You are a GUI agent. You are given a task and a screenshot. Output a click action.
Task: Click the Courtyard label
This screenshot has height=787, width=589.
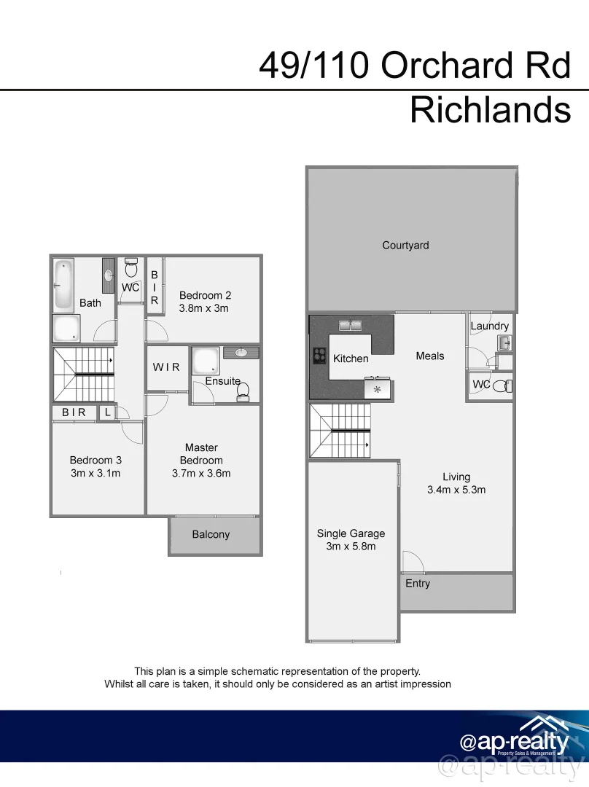[405, 246]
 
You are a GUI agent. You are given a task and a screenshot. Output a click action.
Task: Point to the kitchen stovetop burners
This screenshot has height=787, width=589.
[319, 356]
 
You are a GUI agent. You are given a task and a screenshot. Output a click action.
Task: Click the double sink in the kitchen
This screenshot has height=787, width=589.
[350, 325]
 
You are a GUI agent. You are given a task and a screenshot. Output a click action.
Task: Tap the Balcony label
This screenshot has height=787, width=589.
[211, 535]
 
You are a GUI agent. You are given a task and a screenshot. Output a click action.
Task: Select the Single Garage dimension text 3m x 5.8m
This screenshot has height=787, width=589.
[351, 547]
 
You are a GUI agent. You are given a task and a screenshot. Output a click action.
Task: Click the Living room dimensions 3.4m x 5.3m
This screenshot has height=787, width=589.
[456, 490]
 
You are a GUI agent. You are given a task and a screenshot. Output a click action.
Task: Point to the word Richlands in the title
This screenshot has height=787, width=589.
[490, 110]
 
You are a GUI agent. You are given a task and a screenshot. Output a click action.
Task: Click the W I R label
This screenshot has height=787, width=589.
[166, 367]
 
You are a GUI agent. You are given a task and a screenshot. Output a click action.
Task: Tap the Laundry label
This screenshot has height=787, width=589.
[489, 326]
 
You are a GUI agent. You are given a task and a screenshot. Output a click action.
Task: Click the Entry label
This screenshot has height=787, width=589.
[418, 583]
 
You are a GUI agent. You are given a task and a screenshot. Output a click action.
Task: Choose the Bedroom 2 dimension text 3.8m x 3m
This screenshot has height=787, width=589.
[204, 308]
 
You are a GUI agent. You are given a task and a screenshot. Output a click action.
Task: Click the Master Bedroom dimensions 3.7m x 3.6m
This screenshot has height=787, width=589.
[201, 473]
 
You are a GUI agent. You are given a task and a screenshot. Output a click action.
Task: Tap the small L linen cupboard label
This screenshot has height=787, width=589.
[107, 412]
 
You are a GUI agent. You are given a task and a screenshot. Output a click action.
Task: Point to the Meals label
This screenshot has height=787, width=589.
[429, 356]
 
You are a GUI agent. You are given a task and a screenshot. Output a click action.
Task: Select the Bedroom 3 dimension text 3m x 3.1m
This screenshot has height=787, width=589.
[95, 473]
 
